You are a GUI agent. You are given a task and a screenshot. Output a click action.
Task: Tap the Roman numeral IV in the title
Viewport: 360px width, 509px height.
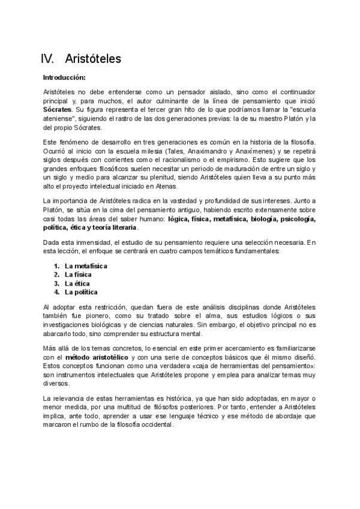(47, 59)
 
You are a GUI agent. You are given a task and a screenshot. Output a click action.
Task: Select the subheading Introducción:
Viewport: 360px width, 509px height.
(64, 77)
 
